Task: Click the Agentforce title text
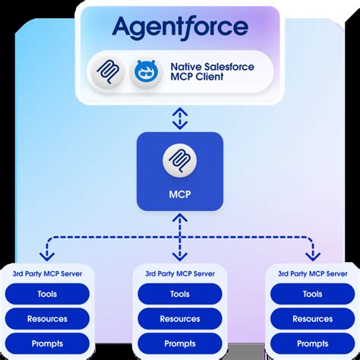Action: pyautogui.click(x=180, y=28)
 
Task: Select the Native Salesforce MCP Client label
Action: pyautogui.click(x=212, y=73)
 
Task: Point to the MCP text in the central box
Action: pyautogui.click(x=180, y=194)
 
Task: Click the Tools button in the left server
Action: pyautogui.click(x=47, y=294)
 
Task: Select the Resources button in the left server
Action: pyautogui.click(x=47, y=319)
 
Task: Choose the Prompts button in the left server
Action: pyautogui.click(x=47, y=343)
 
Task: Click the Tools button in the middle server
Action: pyautogui.click(x=180, y=294)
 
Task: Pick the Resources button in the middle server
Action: pyautogui.click(x=180, y=319)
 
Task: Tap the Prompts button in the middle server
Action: pyautogui.click(x=180, y=343)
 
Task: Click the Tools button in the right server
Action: pyautogui.click(x=312, y=294)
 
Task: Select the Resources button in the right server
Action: pyautogui.click(x=312, y=319)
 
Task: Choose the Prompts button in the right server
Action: pyautogui.click(x=312, y=343)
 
